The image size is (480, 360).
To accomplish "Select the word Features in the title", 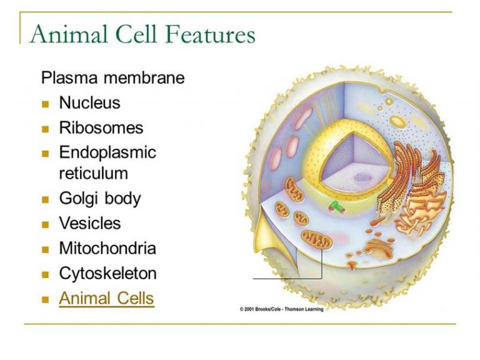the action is click(212, 34).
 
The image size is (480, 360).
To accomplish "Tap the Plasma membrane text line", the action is click(112, 77).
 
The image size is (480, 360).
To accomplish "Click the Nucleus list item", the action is click(89, 102).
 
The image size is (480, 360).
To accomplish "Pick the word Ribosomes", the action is click(101, 127).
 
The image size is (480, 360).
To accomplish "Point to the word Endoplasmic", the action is click(107, 152).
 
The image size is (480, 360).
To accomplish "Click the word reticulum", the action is click(93, 173).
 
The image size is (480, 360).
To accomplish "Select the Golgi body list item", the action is click(100, 199).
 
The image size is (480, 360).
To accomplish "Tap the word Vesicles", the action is click(90, 223).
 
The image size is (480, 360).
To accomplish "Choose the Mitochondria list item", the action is click(107, 248).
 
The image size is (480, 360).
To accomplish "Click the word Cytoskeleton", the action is click(107, 273).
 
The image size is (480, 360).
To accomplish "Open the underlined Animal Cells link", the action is click(106, 298).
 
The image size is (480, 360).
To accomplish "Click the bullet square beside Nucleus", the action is click(45, 104).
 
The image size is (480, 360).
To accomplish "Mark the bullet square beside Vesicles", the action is click(45, 225).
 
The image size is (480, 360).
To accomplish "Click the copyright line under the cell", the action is click(281, 309).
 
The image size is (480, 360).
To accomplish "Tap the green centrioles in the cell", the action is click(337, 207).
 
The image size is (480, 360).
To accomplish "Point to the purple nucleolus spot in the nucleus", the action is click(363, 177).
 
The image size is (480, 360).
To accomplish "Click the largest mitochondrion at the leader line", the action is click(316, 239).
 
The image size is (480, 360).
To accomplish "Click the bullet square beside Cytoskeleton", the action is click(45, 275).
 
